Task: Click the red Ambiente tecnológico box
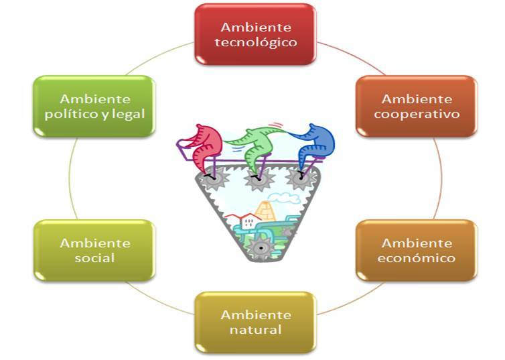(255, 34)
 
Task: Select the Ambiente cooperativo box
(417, 107)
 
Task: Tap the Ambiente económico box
(417, 251)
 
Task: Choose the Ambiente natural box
(255, 322)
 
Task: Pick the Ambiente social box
(94, 251)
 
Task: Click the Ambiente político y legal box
(94, 107)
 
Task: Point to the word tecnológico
(256, 42)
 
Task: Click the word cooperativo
(417, 115)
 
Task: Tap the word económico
(417, 258)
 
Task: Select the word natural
(256, 330)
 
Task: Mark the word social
(94, 258)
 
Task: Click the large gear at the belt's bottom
(261, 247)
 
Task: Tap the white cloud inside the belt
(283, 198)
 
